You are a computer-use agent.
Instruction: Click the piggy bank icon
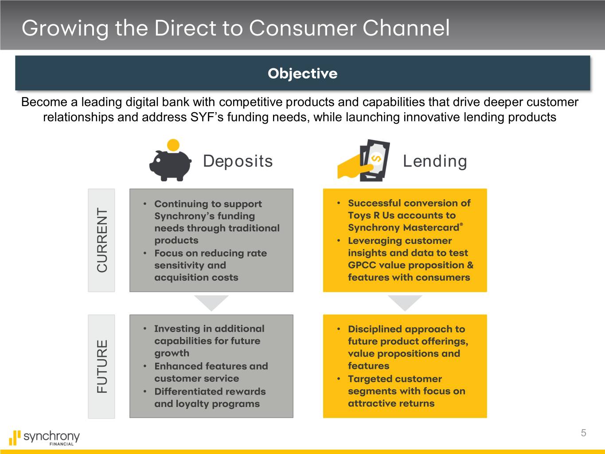(x=170, y=165)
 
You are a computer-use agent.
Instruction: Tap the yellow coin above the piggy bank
(x=173, y=145)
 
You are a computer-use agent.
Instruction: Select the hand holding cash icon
(x=363, y=160)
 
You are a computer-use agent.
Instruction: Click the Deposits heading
(x=238, y=161)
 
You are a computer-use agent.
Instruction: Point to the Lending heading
(x=435, y=161)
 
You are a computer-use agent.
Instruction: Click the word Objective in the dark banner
(x=302, y=74)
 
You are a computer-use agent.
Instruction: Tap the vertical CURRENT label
(x=102, y=240)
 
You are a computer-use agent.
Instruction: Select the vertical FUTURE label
(x=102, y=366)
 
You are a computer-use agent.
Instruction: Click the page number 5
(x=583, y=433)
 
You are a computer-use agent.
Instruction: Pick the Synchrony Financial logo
(x=44, y=438)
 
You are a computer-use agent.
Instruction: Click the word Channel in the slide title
(x=406, y=28)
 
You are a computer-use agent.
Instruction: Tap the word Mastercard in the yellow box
(x=431, y=228)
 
